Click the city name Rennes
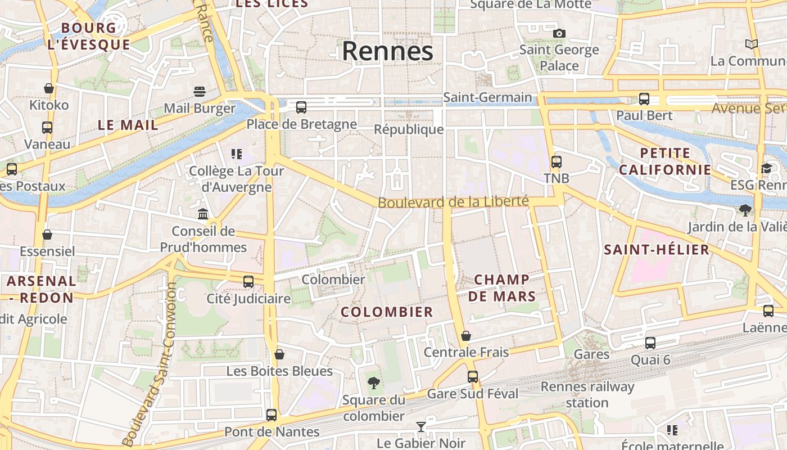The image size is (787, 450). [x=387, y=51]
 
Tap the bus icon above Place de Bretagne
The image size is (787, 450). [x=301, y=107]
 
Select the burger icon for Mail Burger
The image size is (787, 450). [x=199, y=91]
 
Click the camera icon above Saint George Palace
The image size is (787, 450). [x=559, y=33]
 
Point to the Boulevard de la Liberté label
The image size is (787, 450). [x=453, y=201]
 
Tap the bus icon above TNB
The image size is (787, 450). [x=557, y=162]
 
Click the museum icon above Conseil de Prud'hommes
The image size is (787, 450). [x=203, y=214]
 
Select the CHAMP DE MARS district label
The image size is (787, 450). [x=502, y=288]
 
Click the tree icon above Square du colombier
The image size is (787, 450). [x=373, y=384]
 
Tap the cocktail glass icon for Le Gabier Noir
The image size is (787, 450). [x=420, y=427]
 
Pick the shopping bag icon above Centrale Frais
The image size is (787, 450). [x=466, y=336]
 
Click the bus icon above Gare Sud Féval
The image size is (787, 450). [x=473, y=377]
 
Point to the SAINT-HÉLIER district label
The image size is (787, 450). [x=657, y=250]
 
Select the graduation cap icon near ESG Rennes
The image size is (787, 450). [x=766, y=169]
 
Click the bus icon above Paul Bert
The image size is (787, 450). [x=644, y=99]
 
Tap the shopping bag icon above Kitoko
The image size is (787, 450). [x=49, y=88]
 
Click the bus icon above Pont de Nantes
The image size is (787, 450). [x=272, y=415]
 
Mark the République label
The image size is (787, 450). [x=409, y=129]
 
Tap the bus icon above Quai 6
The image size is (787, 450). [x=650, y=343]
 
